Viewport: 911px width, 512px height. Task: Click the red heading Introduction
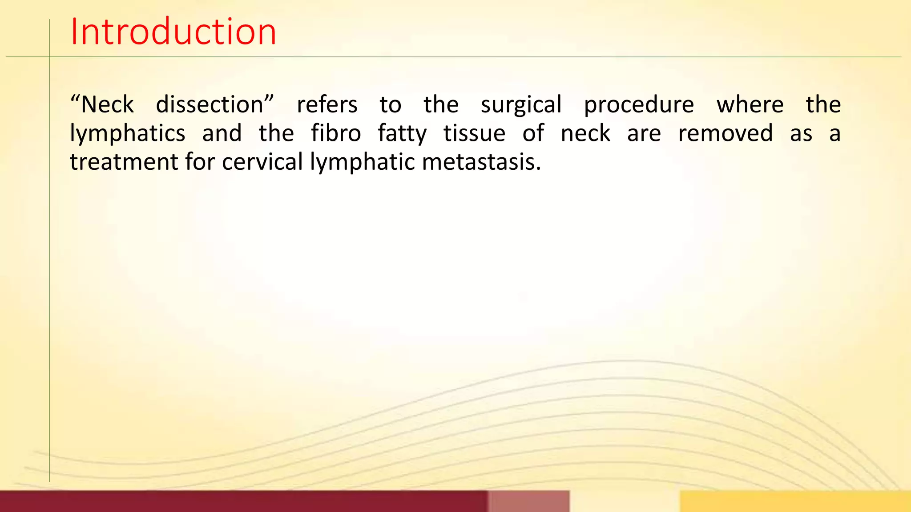(x=173, y=32)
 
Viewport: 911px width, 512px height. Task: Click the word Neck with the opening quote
(x=102, y=105)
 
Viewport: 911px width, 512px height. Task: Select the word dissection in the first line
(x=214, y=105)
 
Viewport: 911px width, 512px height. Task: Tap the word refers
(x=327, y=105)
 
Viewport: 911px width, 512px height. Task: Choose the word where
(x=750, y=105)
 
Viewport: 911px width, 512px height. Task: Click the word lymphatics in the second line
(x=128, y=134)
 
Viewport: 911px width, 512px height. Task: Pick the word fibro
(x=336, y=133)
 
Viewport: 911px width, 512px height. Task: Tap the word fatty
(x=402, y=134)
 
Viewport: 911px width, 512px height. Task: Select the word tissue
(x=474, y=133)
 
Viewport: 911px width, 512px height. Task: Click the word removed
(x=725, y=133)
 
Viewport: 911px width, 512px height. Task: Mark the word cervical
(x=262, y=162)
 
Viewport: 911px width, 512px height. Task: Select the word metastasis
(x=481, y=162)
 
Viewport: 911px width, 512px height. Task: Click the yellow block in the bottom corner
(x=795, y=501)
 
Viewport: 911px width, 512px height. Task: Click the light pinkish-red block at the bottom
(x=528, y=501)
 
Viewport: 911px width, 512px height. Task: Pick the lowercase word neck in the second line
(x=585, y=133)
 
